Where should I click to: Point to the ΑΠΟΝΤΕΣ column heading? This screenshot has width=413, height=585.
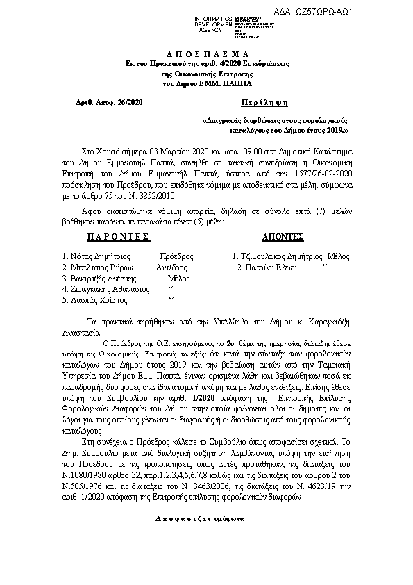[284, 237]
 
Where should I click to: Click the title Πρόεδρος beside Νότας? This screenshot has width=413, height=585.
[176, 256]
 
